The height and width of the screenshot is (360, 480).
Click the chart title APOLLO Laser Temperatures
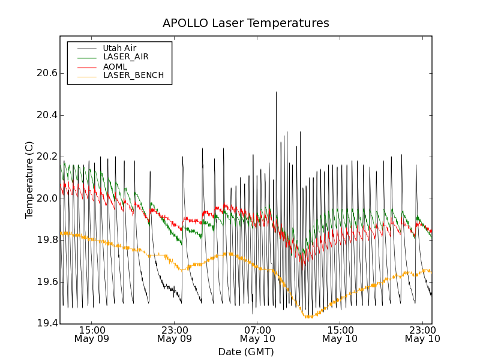click(246, 23)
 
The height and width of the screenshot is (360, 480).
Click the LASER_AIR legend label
click(125, 57)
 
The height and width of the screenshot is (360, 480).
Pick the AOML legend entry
click(115, 67)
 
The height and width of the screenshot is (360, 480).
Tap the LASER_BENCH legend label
click(133, 76)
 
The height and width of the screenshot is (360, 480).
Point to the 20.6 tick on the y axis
click(47, 73)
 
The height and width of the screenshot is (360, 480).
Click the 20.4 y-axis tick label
click(47, 115)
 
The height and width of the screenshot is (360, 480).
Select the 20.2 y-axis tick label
click(47, 157)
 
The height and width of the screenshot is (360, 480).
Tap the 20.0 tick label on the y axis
click(47, 199)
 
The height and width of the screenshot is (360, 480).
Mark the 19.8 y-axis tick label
click(47, 240)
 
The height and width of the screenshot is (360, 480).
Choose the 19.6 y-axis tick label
click(47, 282)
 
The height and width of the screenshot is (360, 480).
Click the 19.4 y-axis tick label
click(47, 323)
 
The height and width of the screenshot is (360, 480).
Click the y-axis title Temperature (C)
click(29, 180)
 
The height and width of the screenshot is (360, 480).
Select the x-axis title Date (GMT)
click(246, 352)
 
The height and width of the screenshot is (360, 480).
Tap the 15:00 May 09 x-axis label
click(92, 334)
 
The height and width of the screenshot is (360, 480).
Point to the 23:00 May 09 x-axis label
click(175, 334)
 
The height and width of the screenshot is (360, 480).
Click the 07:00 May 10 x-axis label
click(257, 334)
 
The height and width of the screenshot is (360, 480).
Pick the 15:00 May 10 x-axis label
click(340, 334)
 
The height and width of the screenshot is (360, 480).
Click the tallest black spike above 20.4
click(276, 93)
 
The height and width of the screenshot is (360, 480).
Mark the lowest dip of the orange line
click(308, 316)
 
